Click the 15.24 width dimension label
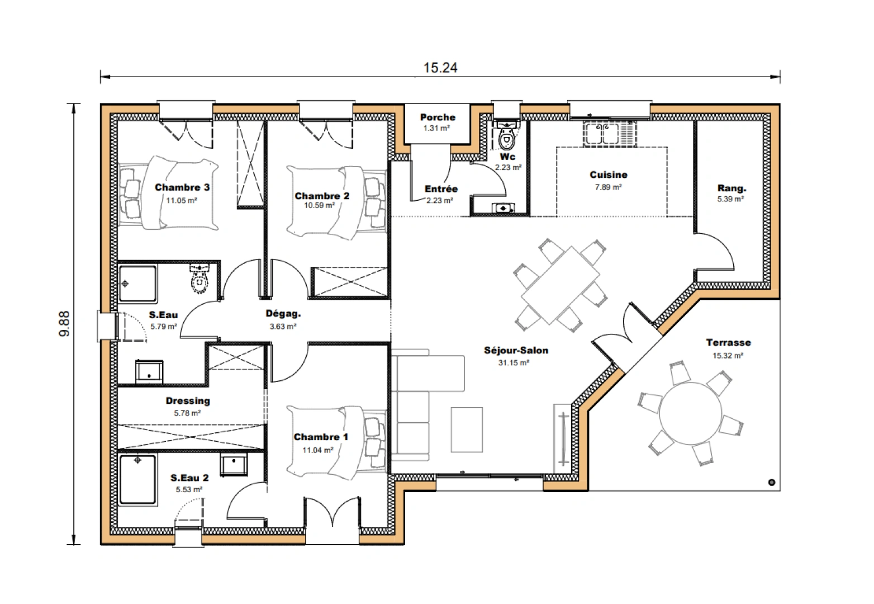(x=440, y=68)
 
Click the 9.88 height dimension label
(x=65, y=323)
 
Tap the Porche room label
(x=438, y=117)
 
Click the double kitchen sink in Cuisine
(x=599, y=134)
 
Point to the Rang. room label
(x=731, y=188)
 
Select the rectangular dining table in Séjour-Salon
(x=560, y=285)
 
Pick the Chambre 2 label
(x=322, y=196)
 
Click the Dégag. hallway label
(x=283, y=314)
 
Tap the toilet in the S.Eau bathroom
(x=199, y=280)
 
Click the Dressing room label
(x=188, y=400)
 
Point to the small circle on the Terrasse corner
(x=772, y=482)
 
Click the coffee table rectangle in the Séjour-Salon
(x=467, y=430)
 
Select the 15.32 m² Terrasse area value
(x=728, y=356)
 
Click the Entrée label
(x=441, y=189)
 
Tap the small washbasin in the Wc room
(x=503, y=208)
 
